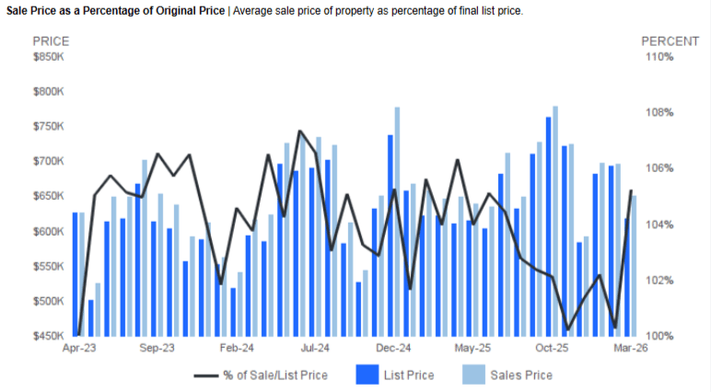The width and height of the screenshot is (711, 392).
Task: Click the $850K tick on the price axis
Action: [49, 57]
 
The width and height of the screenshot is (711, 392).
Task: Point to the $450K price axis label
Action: [49, 336]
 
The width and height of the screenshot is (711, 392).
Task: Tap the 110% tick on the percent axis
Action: [659, 57]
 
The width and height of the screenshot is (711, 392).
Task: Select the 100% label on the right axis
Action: [659, 336]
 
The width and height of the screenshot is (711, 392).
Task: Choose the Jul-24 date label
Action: [316, 349]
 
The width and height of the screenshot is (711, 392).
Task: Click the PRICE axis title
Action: [51, 41]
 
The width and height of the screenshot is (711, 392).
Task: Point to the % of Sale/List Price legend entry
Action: [274, 375]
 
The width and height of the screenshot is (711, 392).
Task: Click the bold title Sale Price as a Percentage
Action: [115, 10]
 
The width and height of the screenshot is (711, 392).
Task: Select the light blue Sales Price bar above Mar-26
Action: [634, 266]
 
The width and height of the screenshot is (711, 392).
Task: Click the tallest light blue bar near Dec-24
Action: [397, 221]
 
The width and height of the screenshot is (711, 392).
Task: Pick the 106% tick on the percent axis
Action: [659, 168]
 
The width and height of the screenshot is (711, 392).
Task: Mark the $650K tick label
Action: [49, 197]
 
